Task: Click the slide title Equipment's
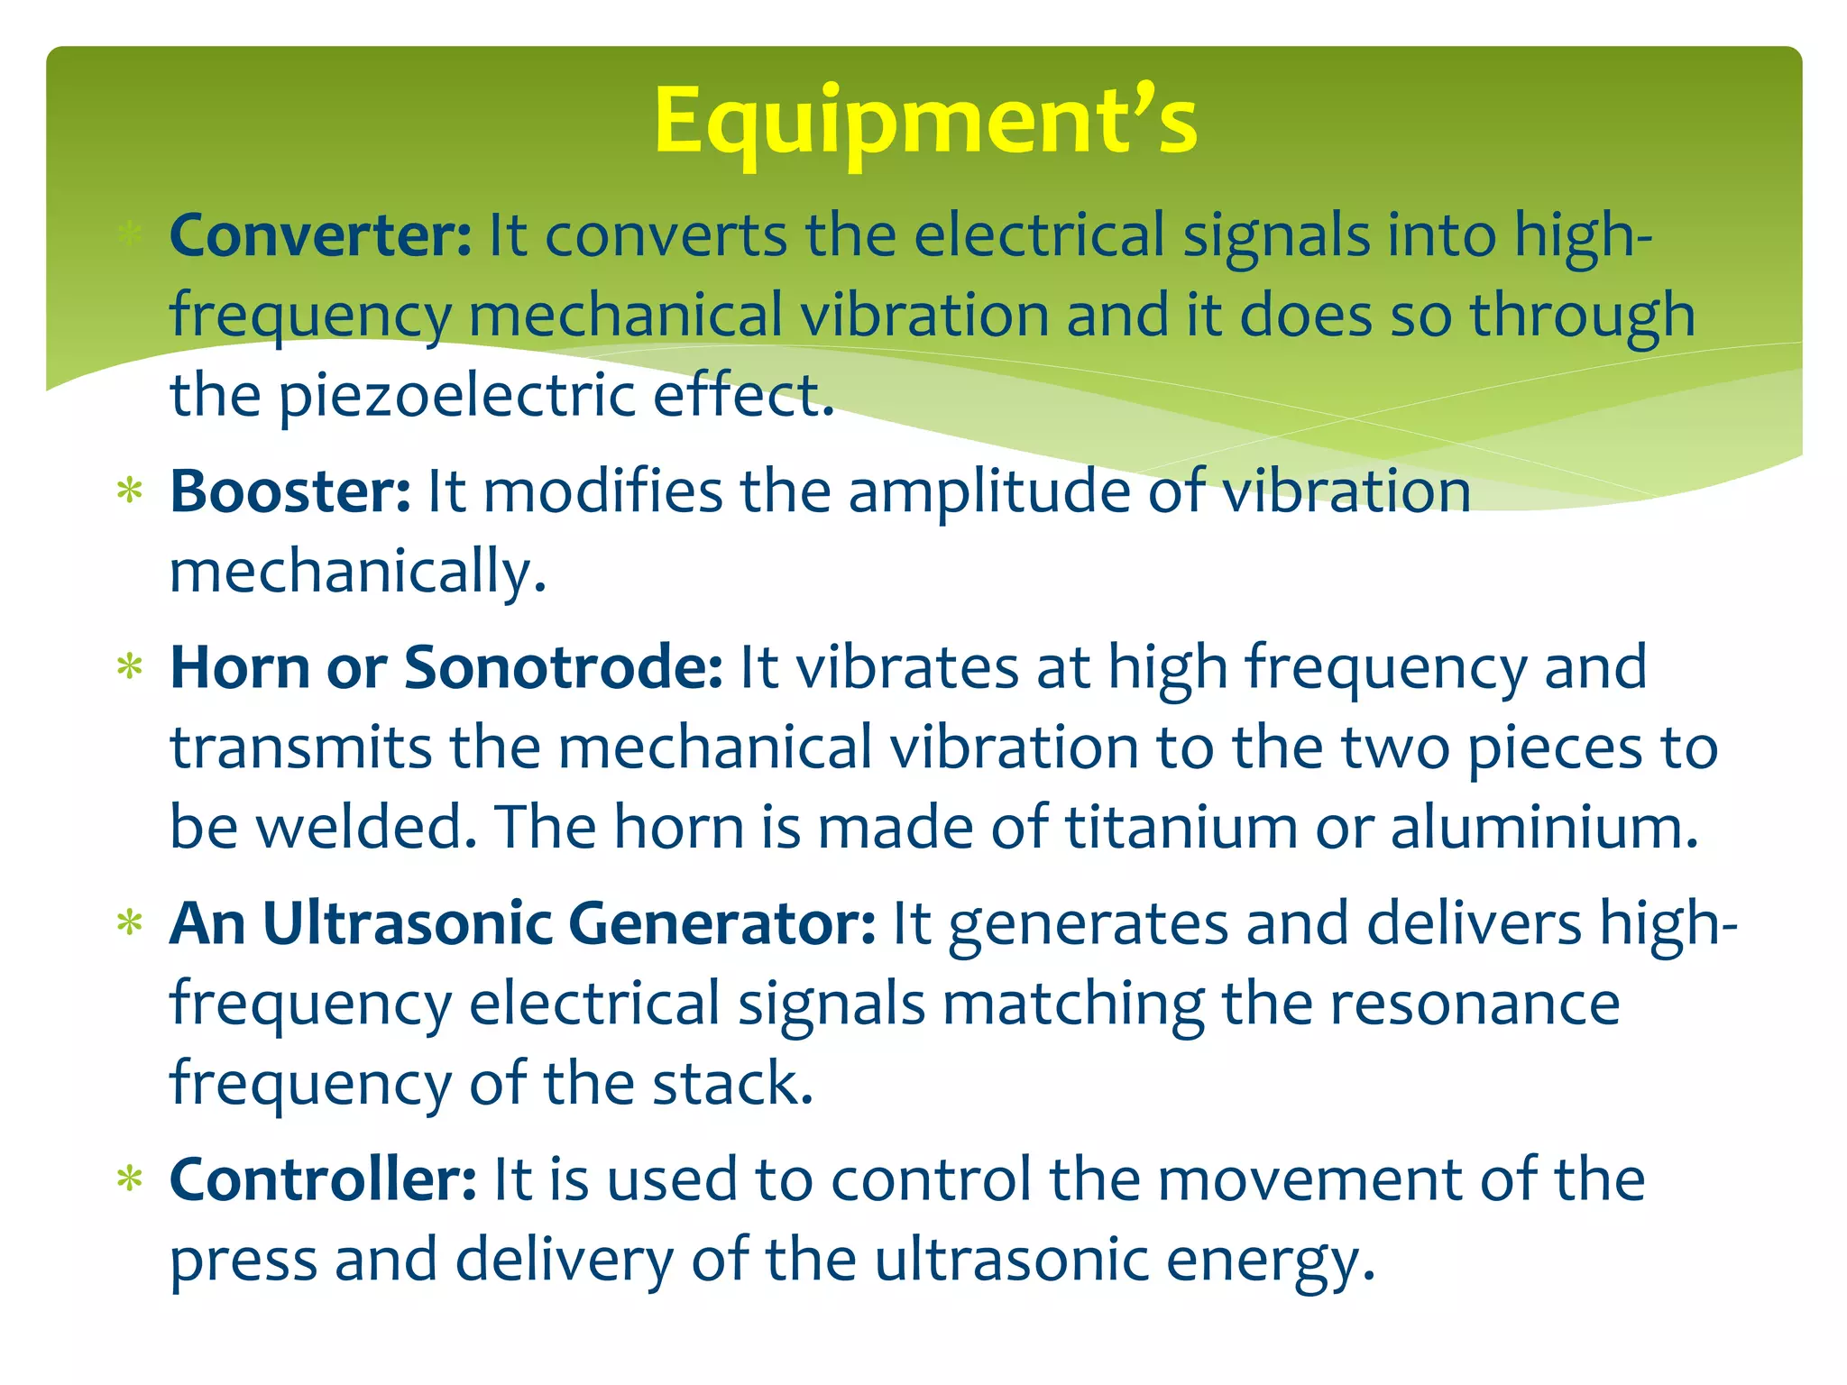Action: point(925,120)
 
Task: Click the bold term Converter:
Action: point(320,236)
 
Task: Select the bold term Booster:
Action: point(290,491)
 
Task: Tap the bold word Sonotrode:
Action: point(563,668)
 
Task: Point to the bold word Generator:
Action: point(721,924)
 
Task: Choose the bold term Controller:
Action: point(323,1179)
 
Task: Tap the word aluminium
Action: point(1543,828)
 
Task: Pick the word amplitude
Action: point(988,492)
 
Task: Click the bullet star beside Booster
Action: point(131,491)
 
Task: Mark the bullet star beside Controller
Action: point(131,1179)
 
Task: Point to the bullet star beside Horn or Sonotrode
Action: point(131,667)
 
